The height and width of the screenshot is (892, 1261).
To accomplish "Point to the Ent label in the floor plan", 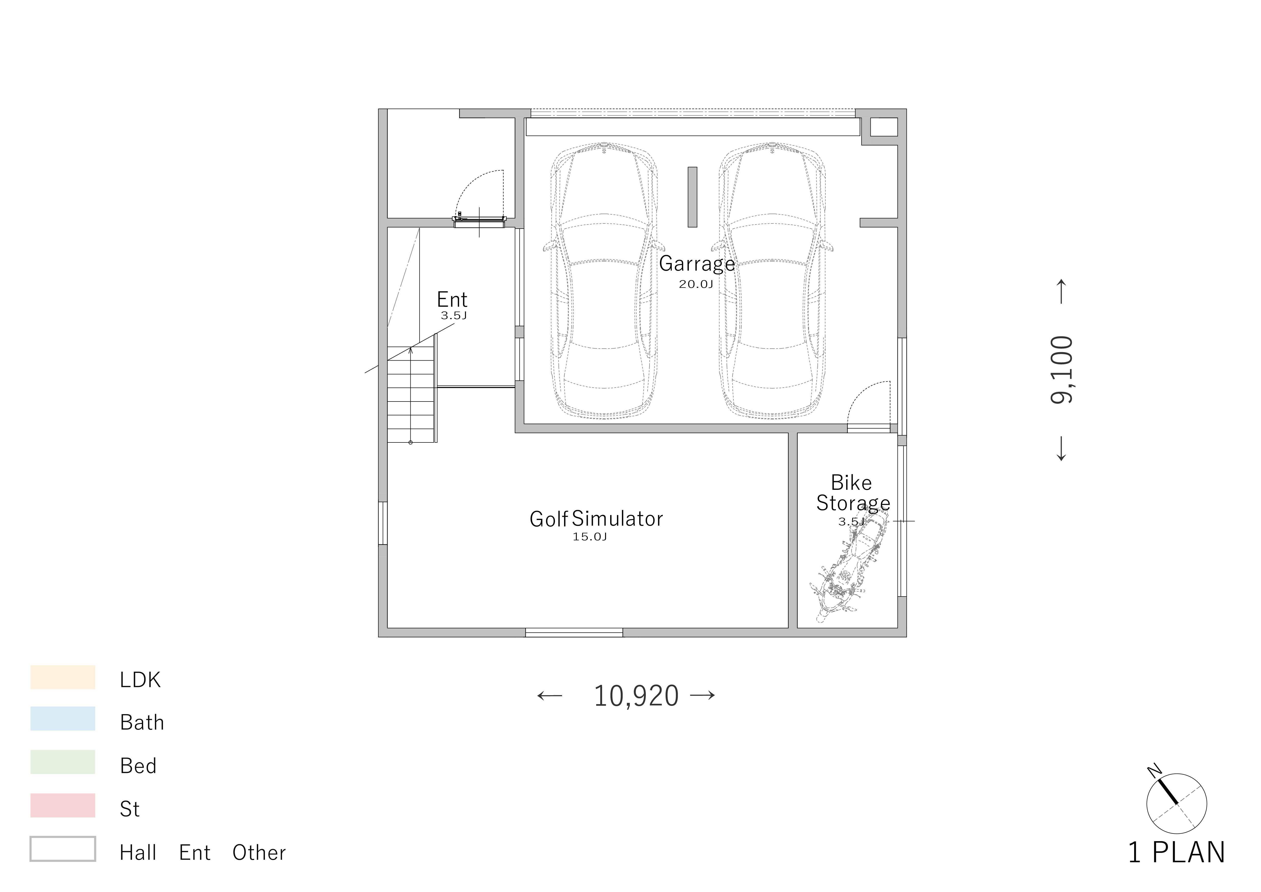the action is pos(452,299).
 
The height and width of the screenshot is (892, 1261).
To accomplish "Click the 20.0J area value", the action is pos(696,284).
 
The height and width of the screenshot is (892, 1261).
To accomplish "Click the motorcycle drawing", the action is pos(849,566).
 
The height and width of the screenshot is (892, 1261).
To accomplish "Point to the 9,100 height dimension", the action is pos(1061,370).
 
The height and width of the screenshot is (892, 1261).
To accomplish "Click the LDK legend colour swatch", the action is pos(63,677).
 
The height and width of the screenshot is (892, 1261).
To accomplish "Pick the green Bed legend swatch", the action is pos(63,762).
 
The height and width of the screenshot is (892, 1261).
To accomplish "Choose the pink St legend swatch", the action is pos(63,805).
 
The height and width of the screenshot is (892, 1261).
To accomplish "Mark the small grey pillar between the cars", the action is pos(692,197).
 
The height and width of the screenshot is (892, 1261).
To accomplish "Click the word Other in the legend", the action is pos(259,852).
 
